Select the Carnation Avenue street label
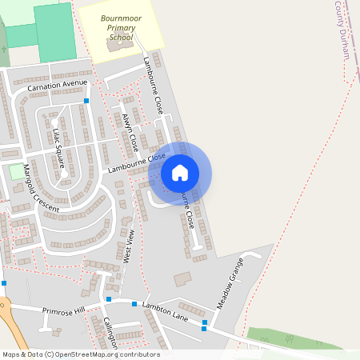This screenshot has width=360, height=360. point(57,84)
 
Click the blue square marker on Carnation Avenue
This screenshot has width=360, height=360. point(86,102)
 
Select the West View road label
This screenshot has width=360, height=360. point(127,245)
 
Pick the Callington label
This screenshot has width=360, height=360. point(110,332)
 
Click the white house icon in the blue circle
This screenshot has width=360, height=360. point(180,173)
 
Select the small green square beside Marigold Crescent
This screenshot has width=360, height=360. point(17,171)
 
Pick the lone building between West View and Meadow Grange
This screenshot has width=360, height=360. point(183,278)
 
